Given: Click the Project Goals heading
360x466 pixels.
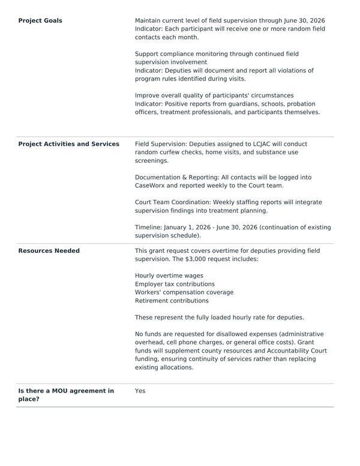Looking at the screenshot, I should (x=40, y=20).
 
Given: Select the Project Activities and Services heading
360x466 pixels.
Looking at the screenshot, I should (x=68, y=144).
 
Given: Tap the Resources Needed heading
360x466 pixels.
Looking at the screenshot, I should (x=49, y=251).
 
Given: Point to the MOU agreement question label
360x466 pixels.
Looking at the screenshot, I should (x=66, y=395).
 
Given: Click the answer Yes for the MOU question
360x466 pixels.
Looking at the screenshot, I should (x=140, y=391).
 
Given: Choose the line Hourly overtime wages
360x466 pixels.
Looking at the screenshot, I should (x=169, y=276).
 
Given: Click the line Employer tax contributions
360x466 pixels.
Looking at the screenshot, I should (x=175, y=284).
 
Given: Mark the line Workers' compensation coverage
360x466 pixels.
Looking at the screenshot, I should (x=184, y=292).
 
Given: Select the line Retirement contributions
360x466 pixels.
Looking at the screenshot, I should (x=172, y=301).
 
